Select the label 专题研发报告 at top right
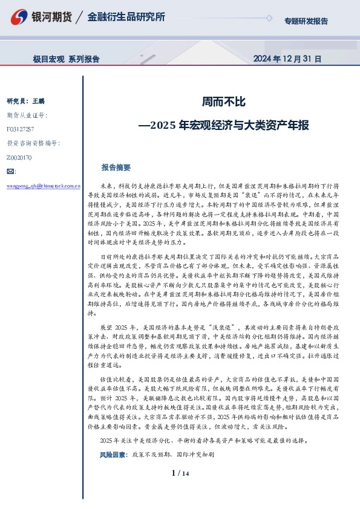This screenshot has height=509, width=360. [x=306, y=21]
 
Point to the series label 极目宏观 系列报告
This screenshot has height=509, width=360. [x=66, y=59]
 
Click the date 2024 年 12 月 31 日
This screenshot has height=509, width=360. [x=286, y=59]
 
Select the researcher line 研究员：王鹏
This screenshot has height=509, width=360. [x=25, y=100]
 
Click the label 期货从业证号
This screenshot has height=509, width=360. [x=27, y=115]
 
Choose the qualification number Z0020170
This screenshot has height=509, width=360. [x=19, y=158]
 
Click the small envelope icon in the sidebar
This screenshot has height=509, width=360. [x=10, y=172]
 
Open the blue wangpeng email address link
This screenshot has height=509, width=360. [x=42, y=187]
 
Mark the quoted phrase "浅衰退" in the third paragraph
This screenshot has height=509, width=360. [x=227, y=326]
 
